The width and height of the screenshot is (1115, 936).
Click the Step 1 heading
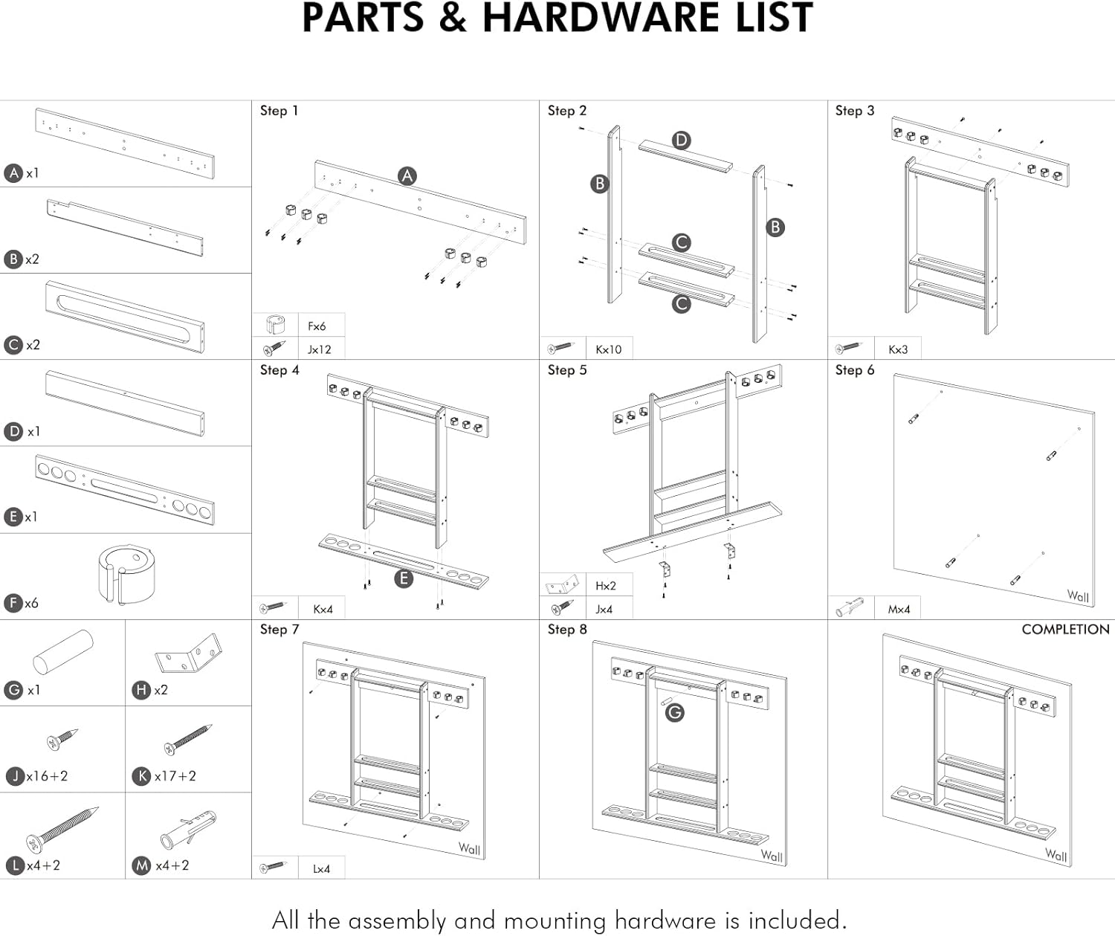click(x=279, y=111)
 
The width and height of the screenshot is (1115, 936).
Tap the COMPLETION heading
click(x=1065, y=629)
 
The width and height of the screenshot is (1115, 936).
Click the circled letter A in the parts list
click(x=13, y=173)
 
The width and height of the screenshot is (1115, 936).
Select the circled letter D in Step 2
click(x=681, y=141)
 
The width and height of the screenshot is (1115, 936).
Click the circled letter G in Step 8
click(x=674, y=713)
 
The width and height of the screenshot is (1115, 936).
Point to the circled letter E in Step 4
click(x=403, y=578)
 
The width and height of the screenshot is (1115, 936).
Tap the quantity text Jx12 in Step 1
click(x=320, y=349)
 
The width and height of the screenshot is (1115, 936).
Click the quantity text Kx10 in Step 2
click(x=608, y=349)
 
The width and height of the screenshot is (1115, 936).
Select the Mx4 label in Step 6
click(x=899, y=609)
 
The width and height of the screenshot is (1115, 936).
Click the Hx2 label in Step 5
click(x=606, y=586)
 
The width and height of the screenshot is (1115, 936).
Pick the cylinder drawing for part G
click(x=63, y=652)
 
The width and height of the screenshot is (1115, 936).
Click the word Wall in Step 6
click(x=1078, y=596)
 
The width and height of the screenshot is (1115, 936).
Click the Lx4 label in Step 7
click(x=321, y=868)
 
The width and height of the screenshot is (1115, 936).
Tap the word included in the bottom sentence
click(x=797, y=920)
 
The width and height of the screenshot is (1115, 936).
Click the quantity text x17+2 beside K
click(x=175, y=776)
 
